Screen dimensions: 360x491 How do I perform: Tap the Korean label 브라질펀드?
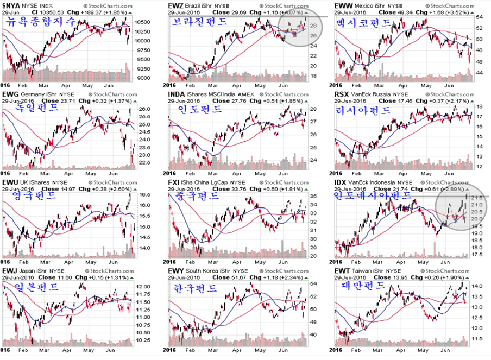[x=199, y=22]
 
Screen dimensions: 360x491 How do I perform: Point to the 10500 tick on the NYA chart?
[x=142, y=22]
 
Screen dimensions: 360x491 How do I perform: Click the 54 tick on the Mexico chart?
[x=479, y=16]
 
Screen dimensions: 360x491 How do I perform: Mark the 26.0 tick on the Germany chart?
[x=144, y=109]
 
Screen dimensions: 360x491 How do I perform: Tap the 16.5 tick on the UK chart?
[x=144, y=194]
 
